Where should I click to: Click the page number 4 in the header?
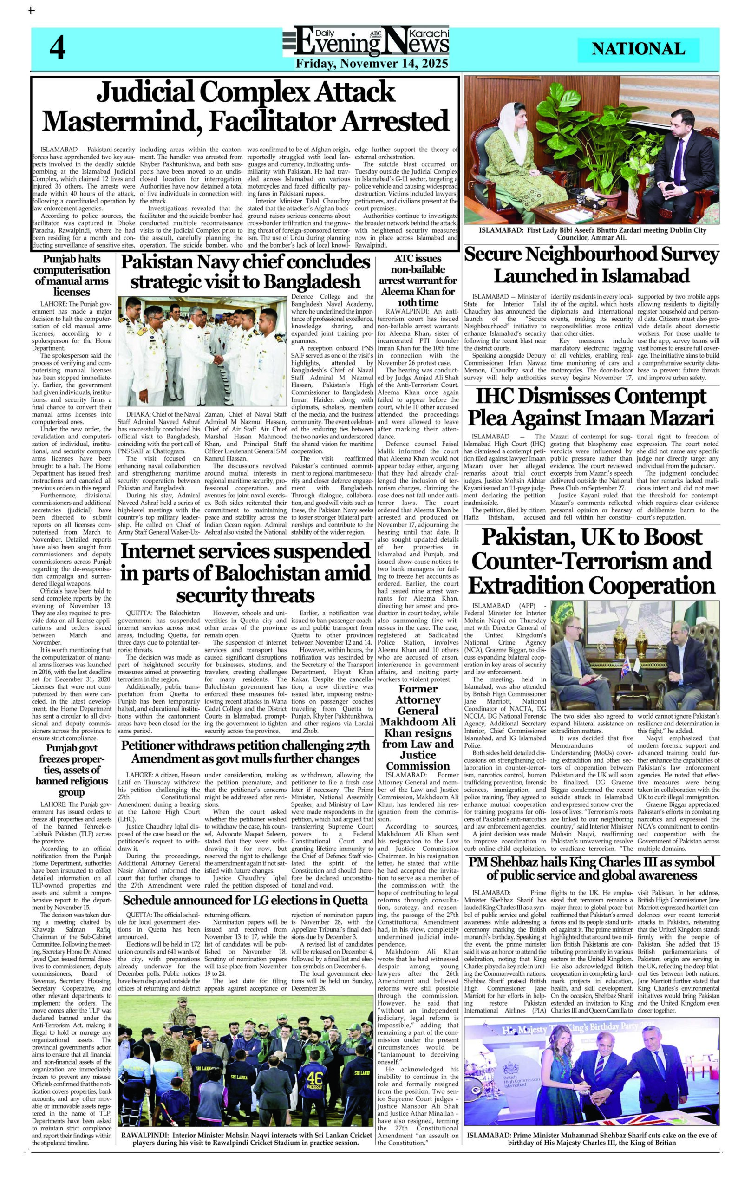[57, 49]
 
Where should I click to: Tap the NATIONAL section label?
[638, 49]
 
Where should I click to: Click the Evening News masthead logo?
[366, 42]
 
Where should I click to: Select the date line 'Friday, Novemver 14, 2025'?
[372, 64]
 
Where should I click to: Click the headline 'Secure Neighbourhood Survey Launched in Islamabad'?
[591, 264]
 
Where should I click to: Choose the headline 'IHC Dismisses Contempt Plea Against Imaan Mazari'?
[591, 407]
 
